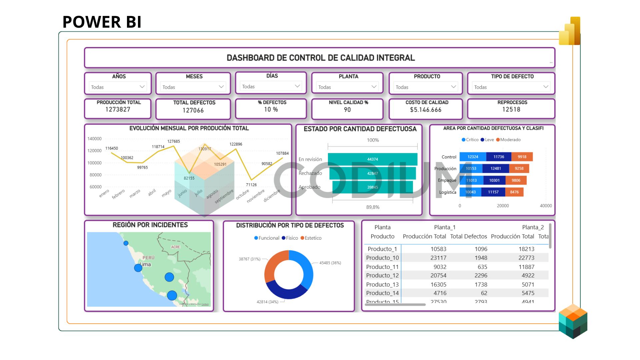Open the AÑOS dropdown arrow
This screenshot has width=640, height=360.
point(142,87)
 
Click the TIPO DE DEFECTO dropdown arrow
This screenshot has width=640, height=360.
point(546,87)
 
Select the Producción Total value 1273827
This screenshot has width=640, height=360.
point(118,109)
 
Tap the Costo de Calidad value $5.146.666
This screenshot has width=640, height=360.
point(426,110)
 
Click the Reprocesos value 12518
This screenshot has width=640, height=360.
point(511,109)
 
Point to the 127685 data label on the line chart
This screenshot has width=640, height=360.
point(173,141)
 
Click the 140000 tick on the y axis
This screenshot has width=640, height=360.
point(94,139)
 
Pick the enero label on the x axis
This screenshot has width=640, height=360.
point(104,193)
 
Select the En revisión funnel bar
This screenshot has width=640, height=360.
point(372,159)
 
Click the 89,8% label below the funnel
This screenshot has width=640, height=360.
point(373,207)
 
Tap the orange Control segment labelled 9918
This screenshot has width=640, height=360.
point(522,157)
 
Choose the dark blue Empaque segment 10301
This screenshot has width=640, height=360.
point(494,180)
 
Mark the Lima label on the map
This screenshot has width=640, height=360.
point(145,264)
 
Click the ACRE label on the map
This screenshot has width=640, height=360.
point(175,247)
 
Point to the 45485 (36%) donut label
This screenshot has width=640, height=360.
point(330,263)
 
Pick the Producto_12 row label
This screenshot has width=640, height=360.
point(382,275)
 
